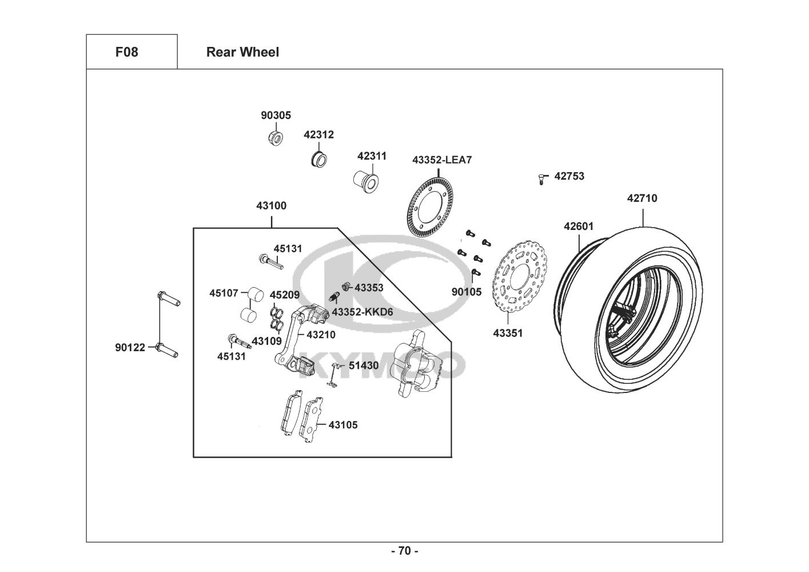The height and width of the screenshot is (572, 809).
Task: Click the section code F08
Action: coord(126,52)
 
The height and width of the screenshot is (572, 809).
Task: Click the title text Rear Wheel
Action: coord(242,52)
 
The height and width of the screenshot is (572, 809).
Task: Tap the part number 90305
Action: coord(276,116)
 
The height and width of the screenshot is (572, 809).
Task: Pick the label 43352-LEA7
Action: coord(442,160)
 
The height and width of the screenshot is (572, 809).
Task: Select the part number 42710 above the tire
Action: coord(642,198)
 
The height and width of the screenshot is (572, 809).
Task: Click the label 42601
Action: coord(579,227)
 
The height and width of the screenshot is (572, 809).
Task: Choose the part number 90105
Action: coord(467,292)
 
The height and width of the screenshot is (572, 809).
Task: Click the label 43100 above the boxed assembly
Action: coord(271,206)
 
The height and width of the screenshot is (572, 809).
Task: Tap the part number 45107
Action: coord(224,293)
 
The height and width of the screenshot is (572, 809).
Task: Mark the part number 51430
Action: coord(364,366)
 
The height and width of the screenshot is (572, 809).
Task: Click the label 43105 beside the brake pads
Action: coord(343,425)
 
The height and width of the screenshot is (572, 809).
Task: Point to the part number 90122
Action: coord(130,347)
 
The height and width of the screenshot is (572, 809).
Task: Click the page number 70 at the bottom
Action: coord(404,551)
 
